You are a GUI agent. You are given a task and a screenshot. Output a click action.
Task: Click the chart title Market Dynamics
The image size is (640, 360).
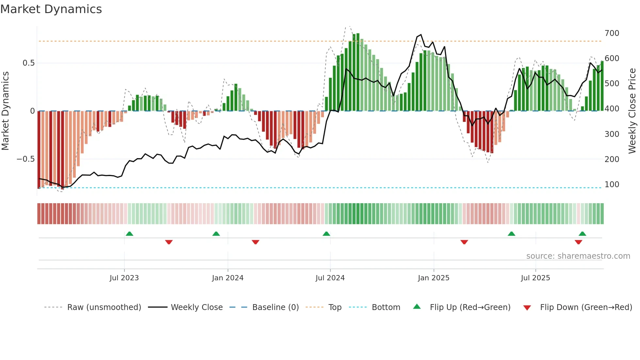point(51,9)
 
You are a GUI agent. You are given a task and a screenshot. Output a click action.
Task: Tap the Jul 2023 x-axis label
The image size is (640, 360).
point(124,278)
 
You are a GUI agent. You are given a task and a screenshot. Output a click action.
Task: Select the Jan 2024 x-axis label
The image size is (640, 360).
point(228,278)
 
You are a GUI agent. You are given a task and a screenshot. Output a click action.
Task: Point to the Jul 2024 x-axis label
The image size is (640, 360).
point(330,278)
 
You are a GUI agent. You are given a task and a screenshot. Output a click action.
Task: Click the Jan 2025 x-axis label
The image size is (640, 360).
point(433,278)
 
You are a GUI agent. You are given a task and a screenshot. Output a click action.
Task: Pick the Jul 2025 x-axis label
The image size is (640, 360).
point(535,278)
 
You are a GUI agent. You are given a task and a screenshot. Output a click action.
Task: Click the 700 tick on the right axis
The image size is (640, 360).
point(612,33)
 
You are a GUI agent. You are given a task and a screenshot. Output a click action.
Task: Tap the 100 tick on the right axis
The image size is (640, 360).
point(612,185)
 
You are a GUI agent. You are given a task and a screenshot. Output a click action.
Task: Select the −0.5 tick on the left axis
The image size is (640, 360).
point(25,159)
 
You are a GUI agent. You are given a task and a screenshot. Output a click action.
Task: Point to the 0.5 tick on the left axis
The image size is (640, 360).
point(28,63)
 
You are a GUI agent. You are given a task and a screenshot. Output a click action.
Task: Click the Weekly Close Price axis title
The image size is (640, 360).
point(632,111)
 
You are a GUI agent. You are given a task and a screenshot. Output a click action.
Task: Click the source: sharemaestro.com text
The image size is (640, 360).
point(578,256)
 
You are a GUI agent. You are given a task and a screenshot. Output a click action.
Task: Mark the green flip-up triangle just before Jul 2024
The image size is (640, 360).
point(326,234)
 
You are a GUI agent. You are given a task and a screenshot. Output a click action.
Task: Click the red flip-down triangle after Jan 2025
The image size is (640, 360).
point(464,242)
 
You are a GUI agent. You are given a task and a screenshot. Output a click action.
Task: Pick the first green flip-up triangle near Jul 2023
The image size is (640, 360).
point(129,234)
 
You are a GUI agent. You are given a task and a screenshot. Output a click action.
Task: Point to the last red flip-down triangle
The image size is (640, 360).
point(578,242)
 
